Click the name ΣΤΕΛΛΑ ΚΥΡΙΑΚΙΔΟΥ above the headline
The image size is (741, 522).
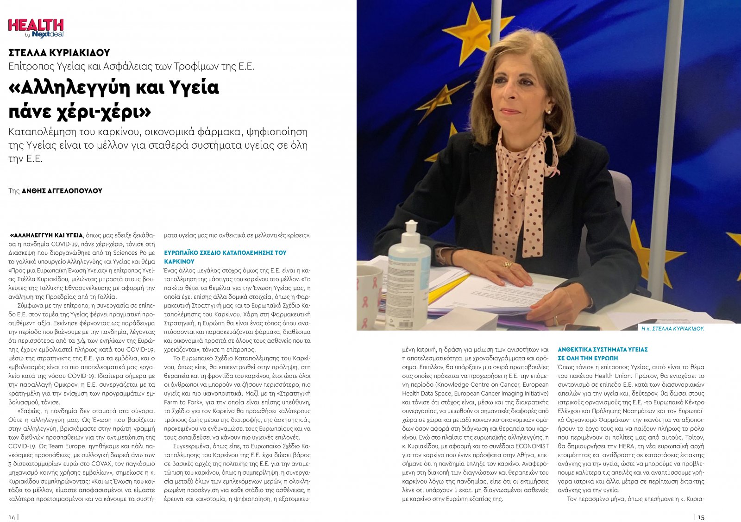pyautogui.click(x=59, y=53)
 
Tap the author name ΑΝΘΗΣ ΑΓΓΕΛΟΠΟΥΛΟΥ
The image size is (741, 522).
pyautogui.click(x=62, y=191)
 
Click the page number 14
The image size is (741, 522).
pyautogui.click(x=12, y=517)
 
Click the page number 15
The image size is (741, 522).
pyautogui.click(x=701, y=517)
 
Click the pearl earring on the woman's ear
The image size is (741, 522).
pyautogui.click(x=549, y=111)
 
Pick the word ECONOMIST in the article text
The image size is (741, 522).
pyautogui.click(x=532, y=446)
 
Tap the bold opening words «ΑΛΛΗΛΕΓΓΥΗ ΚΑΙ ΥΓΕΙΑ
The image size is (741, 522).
pyautogui.click(x=46, y=235)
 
